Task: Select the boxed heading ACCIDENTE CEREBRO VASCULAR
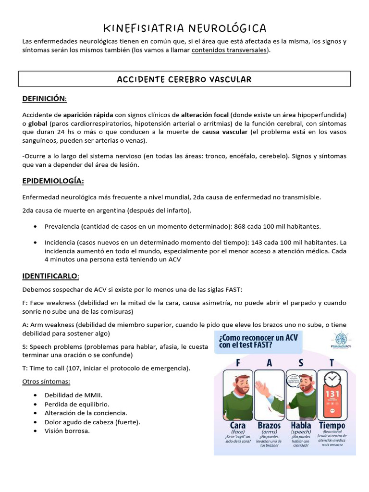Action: click(x=184, y=79)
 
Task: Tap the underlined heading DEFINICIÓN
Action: click(x=44, y=98)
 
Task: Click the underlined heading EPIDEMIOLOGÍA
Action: click(x=53, y=181)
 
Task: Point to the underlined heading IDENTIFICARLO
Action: click(x=50, y=276)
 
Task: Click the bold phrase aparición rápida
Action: click(x=88, y=115)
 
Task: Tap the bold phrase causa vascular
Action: click(x=225, y=132)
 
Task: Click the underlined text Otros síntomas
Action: click(x=46, y=381)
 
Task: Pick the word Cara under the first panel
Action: click(x=237, y=425)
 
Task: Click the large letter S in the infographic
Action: click(x=301, y=363)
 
